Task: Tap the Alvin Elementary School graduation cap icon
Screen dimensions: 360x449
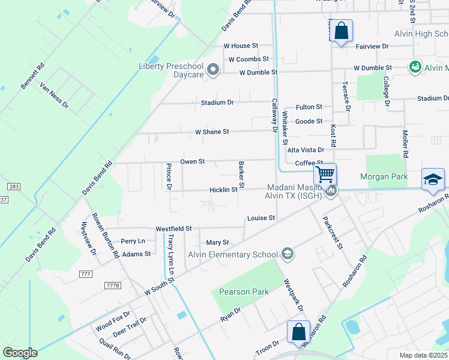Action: pos(288,254)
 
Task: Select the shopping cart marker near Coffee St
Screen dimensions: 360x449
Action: pos(325,175)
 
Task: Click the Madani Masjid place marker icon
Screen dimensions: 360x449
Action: pos(331,191)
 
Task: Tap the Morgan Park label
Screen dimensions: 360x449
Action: pos(384,176)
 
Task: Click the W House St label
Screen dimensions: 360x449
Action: pos(241,46)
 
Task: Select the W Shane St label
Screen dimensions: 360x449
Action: pos(212,131)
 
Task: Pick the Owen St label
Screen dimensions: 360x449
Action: pos(193,161)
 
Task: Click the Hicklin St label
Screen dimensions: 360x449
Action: pos(223,190)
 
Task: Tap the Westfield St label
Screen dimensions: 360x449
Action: pos(173,229)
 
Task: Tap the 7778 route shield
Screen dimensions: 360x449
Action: pos(112,285)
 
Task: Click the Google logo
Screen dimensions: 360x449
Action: pos(20,353)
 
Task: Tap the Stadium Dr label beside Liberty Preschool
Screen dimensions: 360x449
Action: pos(217,103)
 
